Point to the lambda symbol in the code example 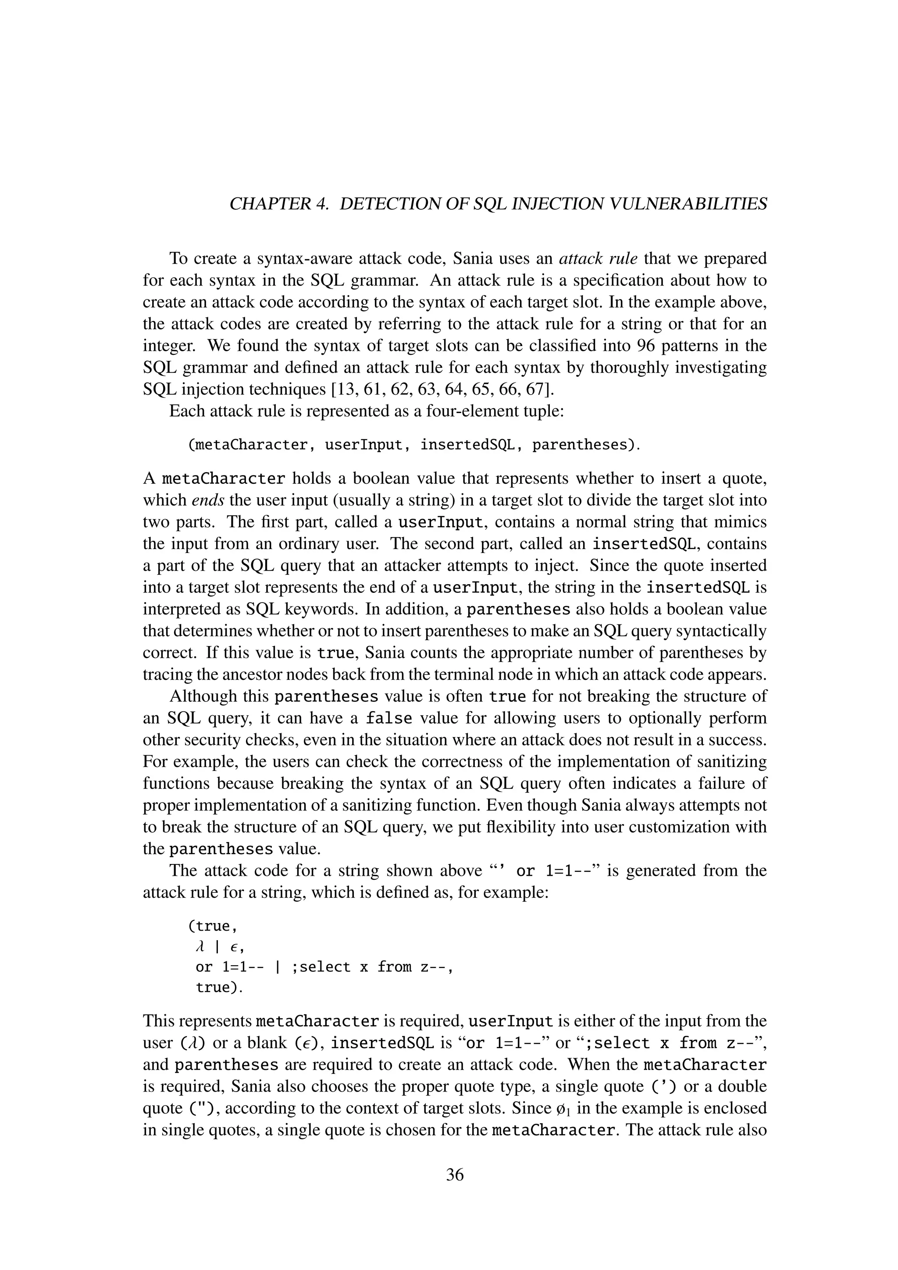tap(200, 947)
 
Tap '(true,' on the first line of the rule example tap(212, 927)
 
